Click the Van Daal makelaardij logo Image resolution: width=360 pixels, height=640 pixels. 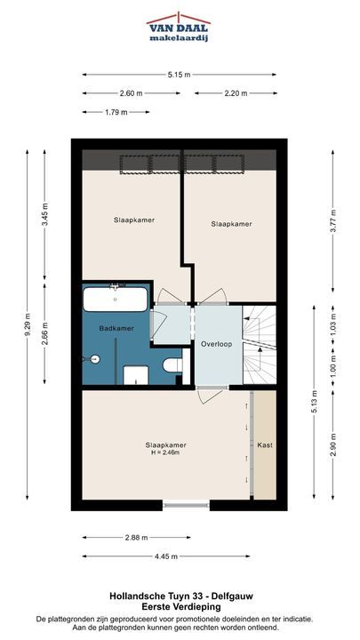coord(179,27)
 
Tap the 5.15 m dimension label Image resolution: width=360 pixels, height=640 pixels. coord(179,75)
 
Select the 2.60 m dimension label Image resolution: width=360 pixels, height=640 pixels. coord(131,93)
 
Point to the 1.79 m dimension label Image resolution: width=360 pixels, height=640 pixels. coord(116,112)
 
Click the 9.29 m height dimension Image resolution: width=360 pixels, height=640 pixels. coord(28,324)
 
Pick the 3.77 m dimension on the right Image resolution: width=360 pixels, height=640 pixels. coord(333,220)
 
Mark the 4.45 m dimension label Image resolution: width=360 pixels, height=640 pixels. coord(165,556)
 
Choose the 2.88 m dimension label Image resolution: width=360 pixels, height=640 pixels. coord(137,538)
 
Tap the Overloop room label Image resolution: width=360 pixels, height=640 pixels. coord(216,344)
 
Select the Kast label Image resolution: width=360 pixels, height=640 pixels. coord(265,445)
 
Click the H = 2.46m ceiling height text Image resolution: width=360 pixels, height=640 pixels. coord(165,452)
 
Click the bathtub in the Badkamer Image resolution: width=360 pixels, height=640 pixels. coord(116,300)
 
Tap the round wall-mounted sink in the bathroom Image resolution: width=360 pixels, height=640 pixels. coord(93,359)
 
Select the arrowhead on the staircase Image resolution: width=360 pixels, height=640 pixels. coord(260,349)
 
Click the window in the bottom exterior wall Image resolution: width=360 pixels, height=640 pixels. coord(186,505)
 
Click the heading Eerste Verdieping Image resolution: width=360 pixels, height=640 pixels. coord(181,607)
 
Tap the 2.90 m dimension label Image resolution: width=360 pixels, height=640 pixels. coord(333,445)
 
